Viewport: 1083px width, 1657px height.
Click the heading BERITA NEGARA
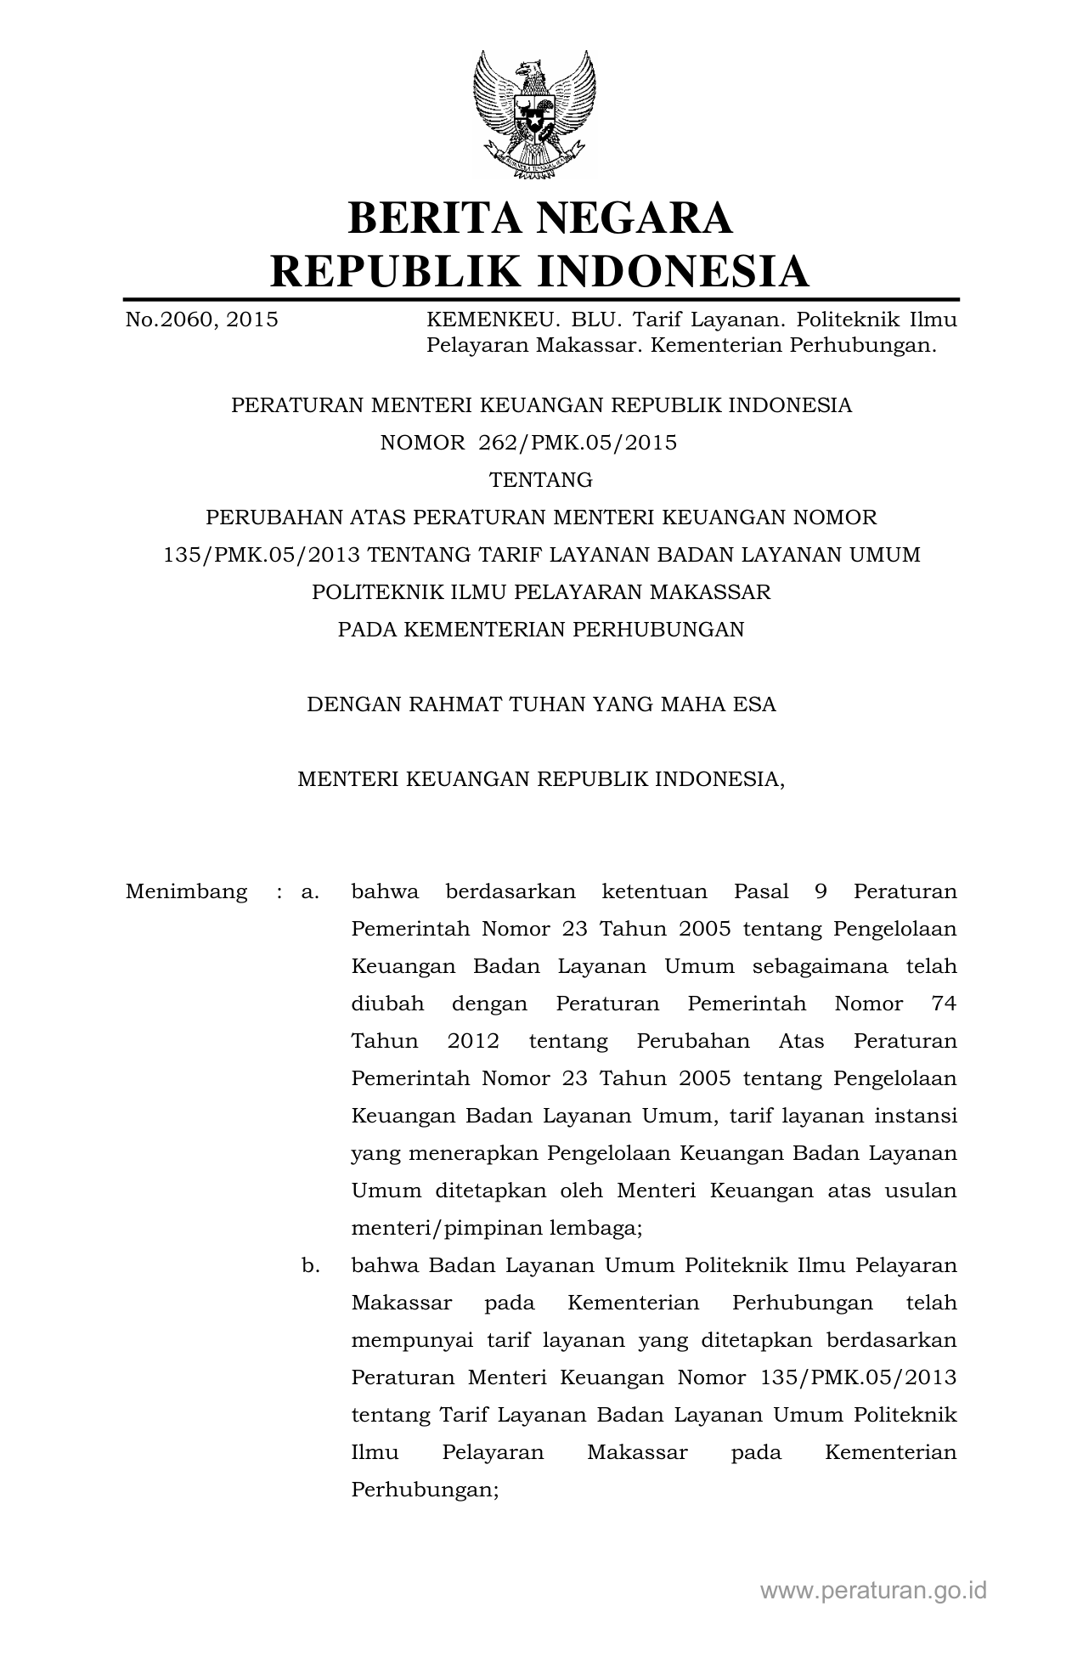click(x=540, y=218)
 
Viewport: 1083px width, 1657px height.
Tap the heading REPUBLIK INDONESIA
click(x=540, y=271)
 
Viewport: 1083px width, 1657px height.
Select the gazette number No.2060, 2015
click(x=201, y=320)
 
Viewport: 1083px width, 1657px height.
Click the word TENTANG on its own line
click(x=541, y=480)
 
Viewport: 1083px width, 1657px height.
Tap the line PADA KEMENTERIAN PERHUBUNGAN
click(x=541, y=630)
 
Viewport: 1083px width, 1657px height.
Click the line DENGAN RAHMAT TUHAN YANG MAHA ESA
click(x=541, y=704)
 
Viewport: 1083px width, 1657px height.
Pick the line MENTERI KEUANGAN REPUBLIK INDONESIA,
click(x=541, y=779)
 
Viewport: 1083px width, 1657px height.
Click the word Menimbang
click(x=187, y=892)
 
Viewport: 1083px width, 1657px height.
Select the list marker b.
click(x=310, y=1266)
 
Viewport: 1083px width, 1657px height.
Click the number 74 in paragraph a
click(x=944, y=1004)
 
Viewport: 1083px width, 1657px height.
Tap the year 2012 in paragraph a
click(x=473, y=1042)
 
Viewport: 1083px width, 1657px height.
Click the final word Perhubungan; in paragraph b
click(x=425, y=1490)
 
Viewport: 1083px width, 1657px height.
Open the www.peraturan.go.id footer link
click(x=874, y=1591)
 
